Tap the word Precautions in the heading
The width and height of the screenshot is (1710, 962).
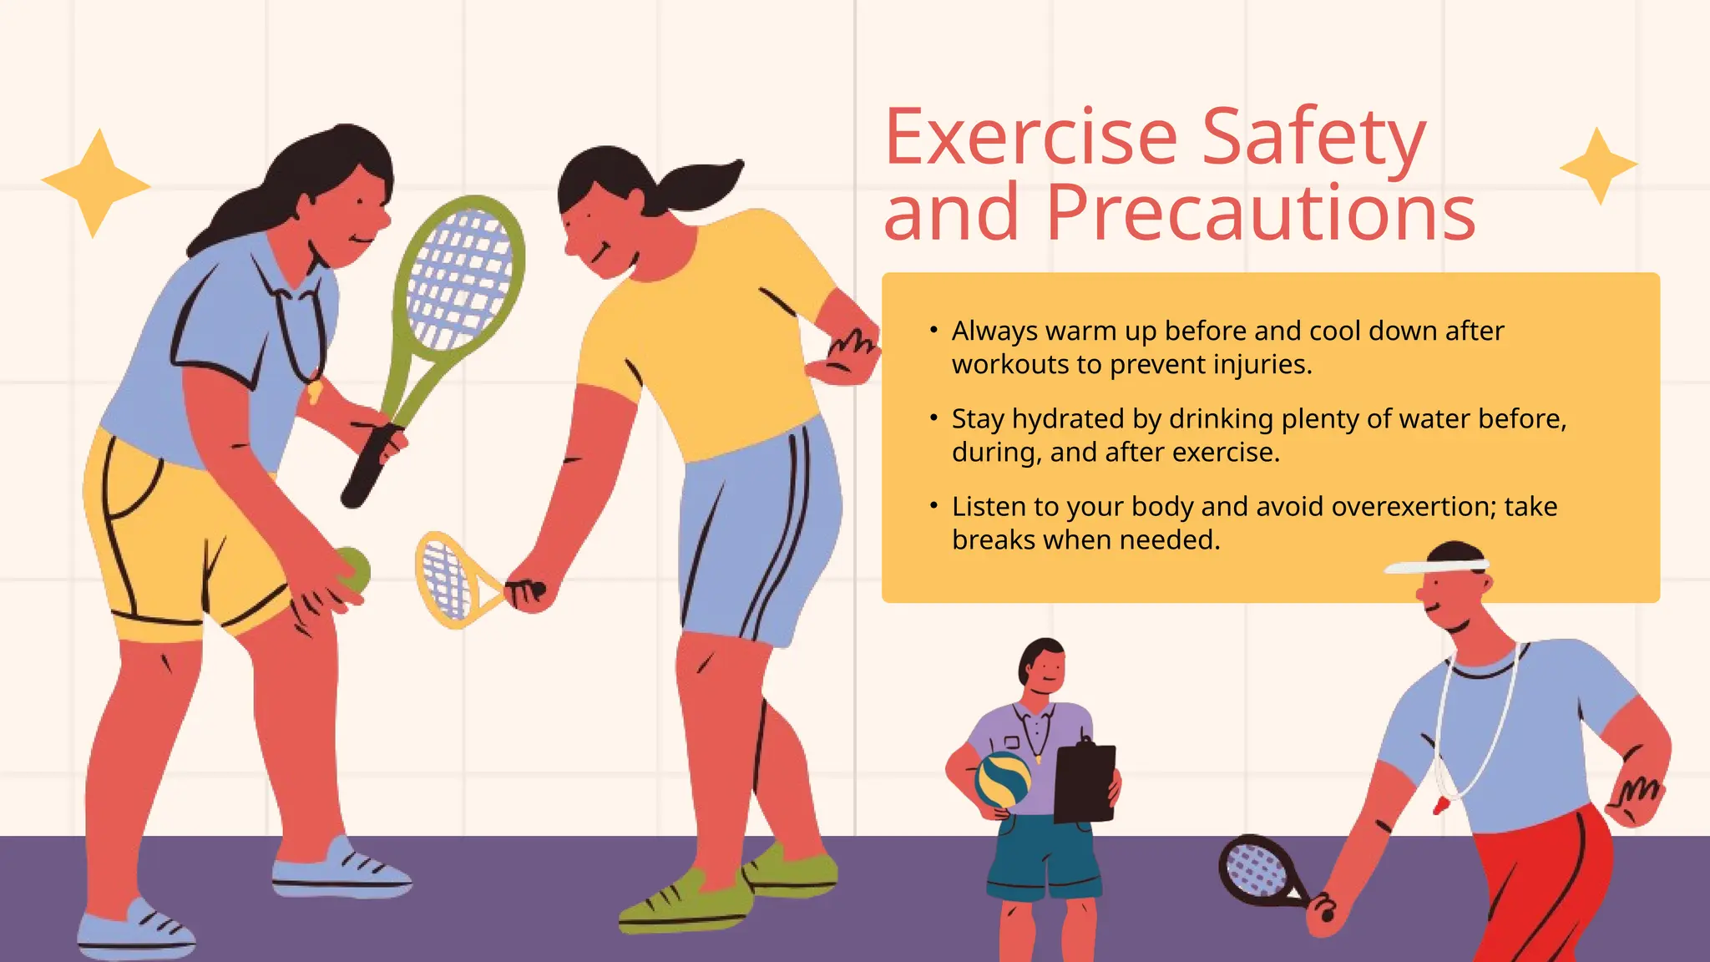tap(1261, 213)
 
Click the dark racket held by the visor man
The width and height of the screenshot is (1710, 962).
tap(1257, 869)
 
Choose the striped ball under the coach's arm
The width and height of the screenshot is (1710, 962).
tap(1004, 779)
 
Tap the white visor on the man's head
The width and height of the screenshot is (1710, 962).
tap(1435, 566)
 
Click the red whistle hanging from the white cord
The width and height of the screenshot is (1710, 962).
tap(1442, 805)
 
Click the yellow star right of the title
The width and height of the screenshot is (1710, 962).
tap(1598, 166)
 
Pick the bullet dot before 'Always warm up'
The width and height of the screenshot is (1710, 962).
tap(933, 331)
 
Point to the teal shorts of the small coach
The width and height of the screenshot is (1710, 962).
tap(1044, 856)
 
